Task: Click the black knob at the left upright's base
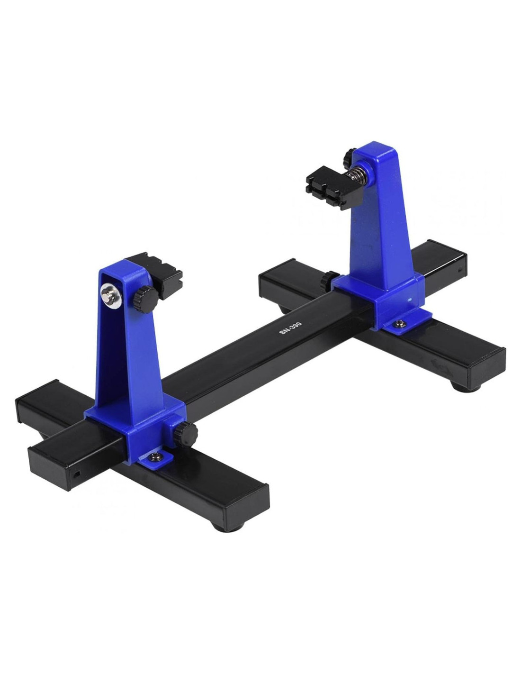[x=185, y=432]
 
